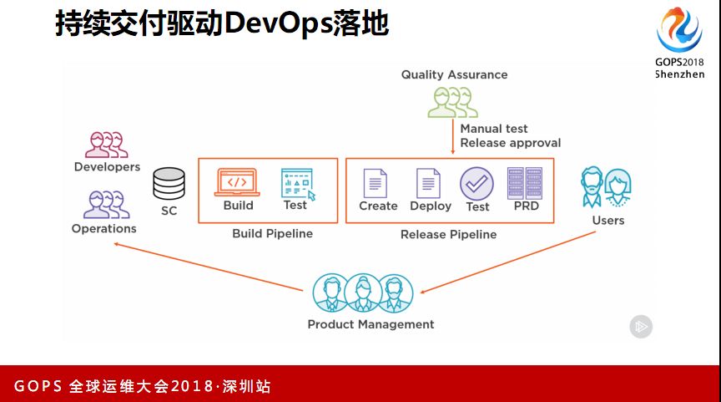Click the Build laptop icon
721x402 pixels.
237,181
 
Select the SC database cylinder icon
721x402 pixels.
169,184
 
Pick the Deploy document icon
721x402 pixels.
428,183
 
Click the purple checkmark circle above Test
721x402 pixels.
476,183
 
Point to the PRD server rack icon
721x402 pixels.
525,183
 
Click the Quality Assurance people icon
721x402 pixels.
452,102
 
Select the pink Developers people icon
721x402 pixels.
107,144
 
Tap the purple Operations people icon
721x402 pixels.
106,205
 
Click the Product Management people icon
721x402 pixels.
363,293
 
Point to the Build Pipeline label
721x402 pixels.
272,234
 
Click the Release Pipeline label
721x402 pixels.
448,235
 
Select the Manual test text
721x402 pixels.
494,129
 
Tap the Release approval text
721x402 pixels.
510,143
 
